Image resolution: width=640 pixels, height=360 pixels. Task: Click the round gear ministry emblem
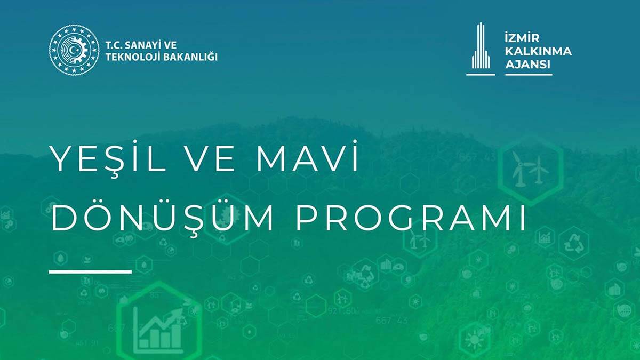[x=74, y=50]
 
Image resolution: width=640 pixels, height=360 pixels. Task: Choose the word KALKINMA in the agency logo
[x=538, y=52]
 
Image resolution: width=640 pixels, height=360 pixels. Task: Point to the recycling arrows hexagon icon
[x=574, y=243]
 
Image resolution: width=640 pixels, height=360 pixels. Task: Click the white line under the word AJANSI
[x=528, y=74]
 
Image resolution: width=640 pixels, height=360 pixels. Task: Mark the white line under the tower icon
[x=481, y=74]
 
